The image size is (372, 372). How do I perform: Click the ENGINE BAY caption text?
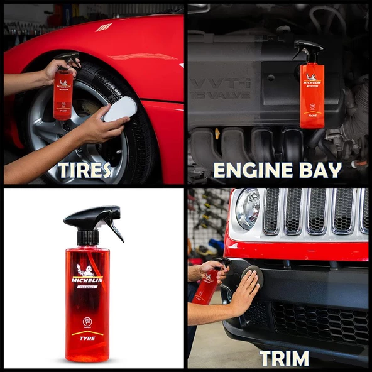277,170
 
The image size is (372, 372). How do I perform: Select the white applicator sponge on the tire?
120,109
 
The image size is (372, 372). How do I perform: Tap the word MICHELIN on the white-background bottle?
87,280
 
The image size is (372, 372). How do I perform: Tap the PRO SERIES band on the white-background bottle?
87,287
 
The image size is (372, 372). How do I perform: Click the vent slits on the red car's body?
104,27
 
